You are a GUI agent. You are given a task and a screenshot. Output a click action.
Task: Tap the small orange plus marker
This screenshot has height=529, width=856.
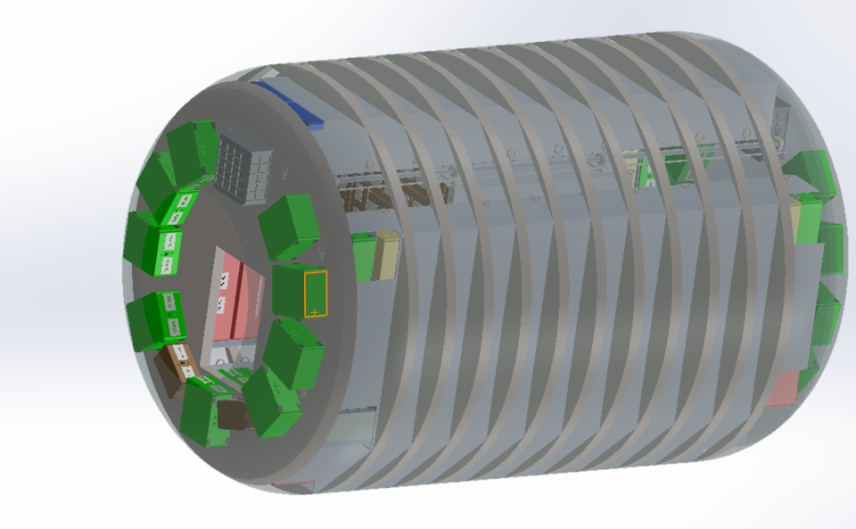tap(315, 311)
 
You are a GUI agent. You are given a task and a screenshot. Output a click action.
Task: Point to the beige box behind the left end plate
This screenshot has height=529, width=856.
tap(388, 255)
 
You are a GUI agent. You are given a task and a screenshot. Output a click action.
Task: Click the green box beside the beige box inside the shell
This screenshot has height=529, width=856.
tap(364, 257)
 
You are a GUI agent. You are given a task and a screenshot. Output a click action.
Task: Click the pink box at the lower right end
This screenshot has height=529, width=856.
tap(782, 388)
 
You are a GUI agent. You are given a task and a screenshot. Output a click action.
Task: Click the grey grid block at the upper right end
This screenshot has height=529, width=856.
tap(781, 121)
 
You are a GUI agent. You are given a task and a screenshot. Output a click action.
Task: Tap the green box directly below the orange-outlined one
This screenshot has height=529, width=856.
tap(293, 353)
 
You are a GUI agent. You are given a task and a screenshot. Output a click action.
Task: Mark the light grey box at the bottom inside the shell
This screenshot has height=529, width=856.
tap(353, 428)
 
